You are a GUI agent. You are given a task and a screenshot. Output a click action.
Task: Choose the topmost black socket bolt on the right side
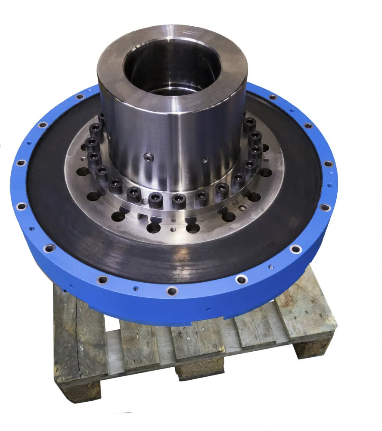(249, 125)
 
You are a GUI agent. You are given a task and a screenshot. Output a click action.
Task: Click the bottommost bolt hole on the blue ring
(172, 291)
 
